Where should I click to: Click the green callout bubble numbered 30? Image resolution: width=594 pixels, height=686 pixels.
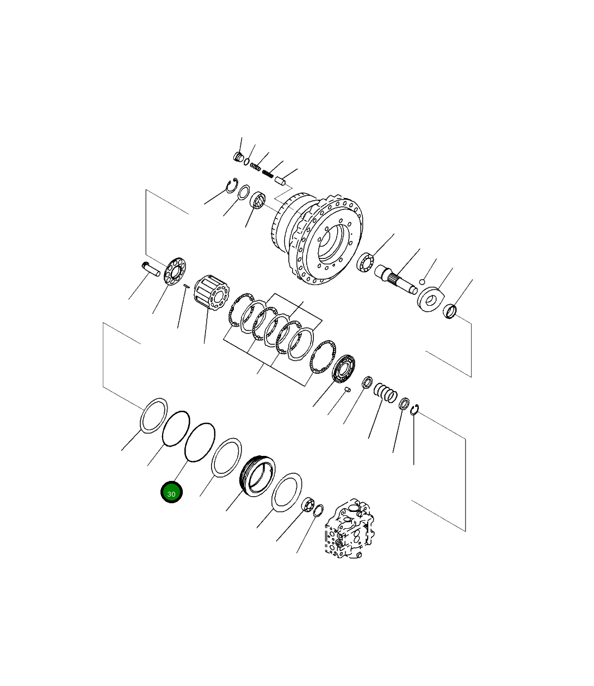(171, 492)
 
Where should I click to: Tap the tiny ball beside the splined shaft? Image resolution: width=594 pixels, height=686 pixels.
(422, 281)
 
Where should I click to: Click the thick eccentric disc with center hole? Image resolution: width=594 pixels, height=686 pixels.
(430, 300)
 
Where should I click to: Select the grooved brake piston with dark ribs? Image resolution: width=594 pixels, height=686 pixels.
(257, 474)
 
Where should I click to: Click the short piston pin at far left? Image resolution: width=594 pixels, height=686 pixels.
(150, 268)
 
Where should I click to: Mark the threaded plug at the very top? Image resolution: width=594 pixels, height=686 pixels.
(238, 157)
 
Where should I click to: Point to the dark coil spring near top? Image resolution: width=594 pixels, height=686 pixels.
(267, 173)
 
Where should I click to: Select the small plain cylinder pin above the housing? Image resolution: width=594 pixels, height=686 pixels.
(280, 181)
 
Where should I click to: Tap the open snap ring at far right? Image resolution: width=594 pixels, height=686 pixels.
(414, 410)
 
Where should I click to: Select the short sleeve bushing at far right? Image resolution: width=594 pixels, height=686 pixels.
(450, 312)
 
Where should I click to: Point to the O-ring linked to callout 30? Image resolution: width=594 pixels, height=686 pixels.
(200, 442)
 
